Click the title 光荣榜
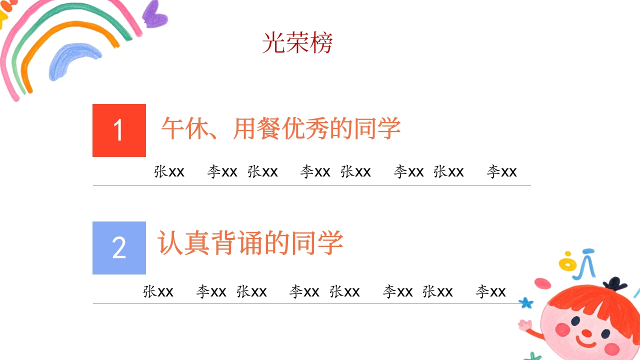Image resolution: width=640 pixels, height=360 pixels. (x=297, y=43)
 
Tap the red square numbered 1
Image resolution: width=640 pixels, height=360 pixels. (x=119, y=130)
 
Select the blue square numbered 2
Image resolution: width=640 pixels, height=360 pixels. (x=119, y=248)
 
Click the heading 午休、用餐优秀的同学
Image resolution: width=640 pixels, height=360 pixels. (x=281, y=129)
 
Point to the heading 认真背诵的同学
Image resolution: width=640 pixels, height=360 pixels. (x=250, y=243)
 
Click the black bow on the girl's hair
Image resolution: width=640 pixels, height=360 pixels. (x=614, y=283)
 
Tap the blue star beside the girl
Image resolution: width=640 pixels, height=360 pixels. (x=525, y=302)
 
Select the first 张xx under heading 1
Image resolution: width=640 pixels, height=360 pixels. (x=169, y=172)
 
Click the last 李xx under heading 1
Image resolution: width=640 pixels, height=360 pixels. (x=501, y=172)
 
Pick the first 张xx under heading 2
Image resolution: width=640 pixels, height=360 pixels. (x=158, y=291)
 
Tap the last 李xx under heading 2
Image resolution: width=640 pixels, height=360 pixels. (x=490, y=291)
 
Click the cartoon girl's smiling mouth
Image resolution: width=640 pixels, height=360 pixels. (x=585, y=343)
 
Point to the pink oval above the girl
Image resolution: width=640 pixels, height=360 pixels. (x=542, y=283)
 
